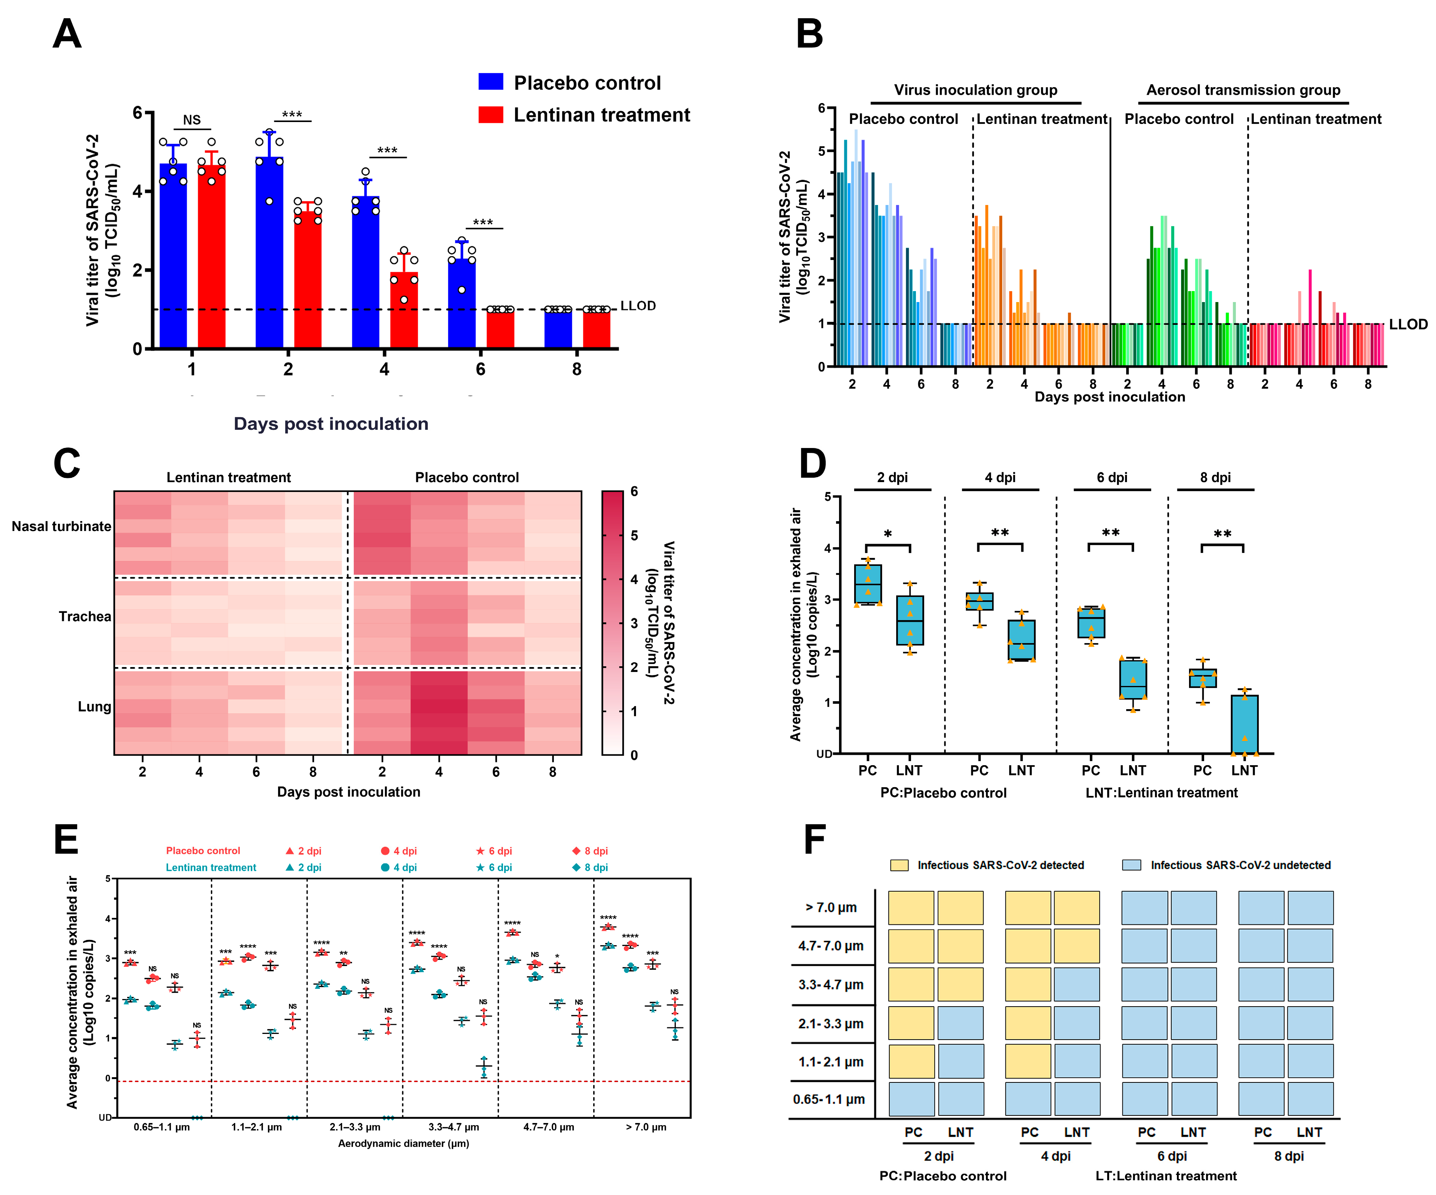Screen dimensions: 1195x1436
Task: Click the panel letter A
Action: pos(67,34)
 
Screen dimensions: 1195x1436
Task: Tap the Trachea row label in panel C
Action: pos(85,616)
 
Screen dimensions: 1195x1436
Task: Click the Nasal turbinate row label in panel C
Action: pos(61,526)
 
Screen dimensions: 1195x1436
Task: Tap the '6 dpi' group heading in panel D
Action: pos(1112,478)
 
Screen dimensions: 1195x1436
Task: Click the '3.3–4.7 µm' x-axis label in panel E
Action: pos(453,1127)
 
